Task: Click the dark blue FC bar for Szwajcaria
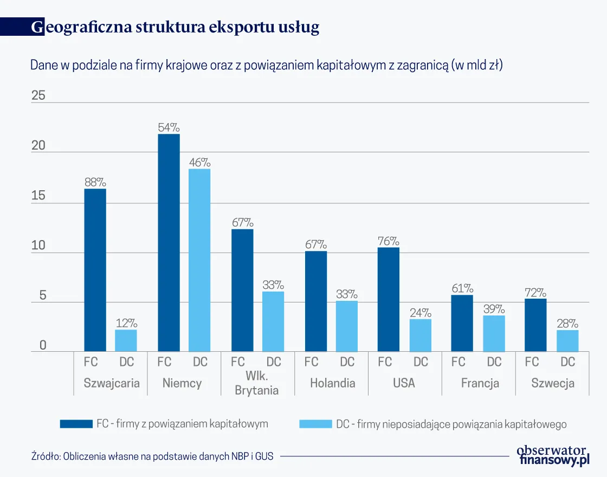click(x=95, y=270)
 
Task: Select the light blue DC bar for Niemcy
click(x=199, y=260)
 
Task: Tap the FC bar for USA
click(x=388, y=299)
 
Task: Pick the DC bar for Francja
click(x=494, y=333)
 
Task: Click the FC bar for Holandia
click(x=315, y=301)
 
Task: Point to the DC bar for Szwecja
click(x=567, y=340)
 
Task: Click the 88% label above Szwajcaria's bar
click(x=95, y=182)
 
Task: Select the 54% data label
click(x=169, y=128)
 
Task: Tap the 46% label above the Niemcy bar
click(x=199, y=163)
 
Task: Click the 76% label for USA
click(x=388, y=241)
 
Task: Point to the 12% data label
click(x=126, y=323)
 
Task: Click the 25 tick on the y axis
click(x=38, y=96)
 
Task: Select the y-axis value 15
click(x=38, y=196)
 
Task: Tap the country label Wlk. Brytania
click(x=257, y=383)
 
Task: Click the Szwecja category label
click(x=552, y=383)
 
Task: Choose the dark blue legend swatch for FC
click(x=75, y=424)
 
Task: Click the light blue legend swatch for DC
click(x=315, y=424)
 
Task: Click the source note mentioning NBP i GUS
click(x=152, y=456)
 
